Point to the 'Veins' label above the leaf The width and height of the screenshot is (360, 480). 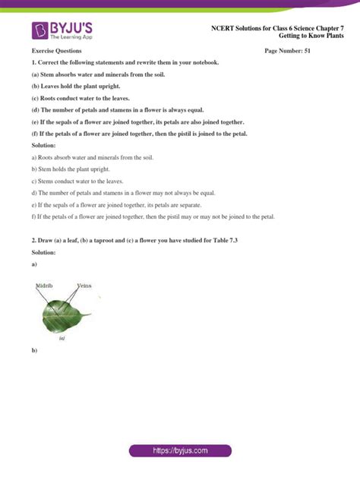84,286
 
